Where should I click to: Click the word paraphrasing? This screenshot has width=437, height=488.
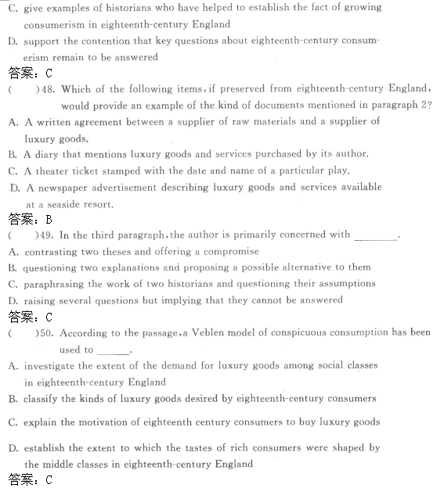coord(56,284)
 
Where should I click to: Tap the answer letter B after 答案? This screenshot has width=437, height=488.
coord(49,220)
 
